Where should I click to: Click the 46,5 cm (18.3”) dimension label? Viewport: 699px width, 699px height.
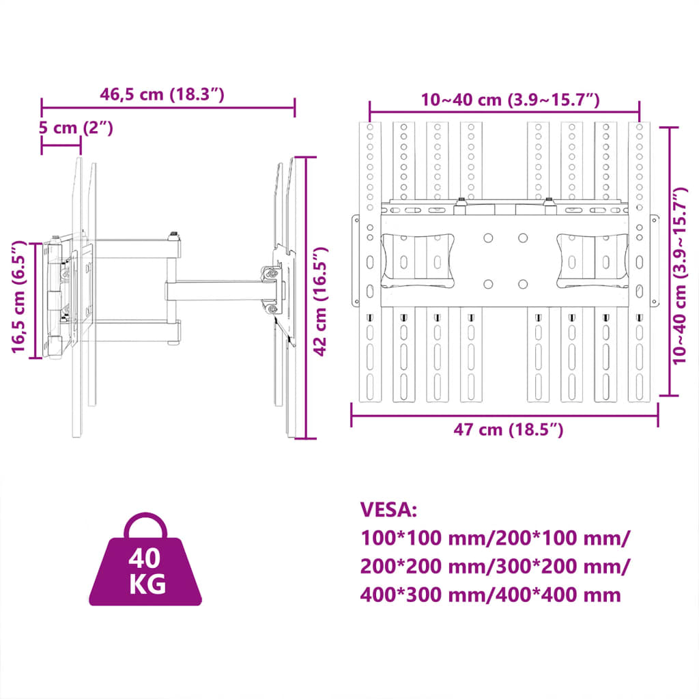(162, 95)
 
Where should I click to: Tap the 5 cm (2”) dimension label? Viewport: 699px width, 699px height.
(75, 128)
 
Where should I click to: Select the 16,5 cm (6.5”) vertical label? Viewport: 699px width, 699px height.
(20, 297)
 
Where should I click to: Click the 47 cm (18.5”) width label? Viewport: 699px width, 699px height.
(508, 429)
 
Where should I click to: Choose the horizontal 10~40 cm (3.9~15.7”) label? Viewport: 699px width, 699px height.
(510, 100)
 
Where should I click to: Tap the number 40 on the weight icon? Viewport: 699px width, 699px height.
(145, 558)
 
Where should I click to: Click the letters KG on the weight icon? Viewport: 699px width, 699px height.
(145, 585)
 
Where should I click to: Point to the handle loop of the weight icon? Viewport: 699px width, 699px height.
(145, 526)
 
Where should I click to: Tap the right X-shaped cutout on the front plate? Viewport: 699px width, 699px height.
(593, 260)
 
